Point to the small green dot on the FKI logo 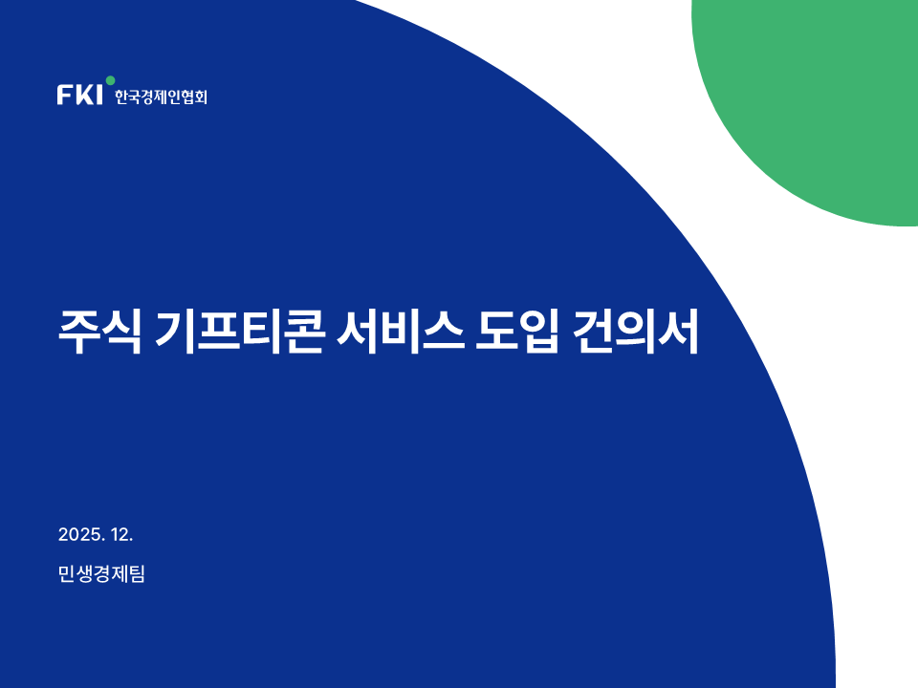[x=110, y=80]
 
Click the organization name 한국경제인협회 [x=161, y=97]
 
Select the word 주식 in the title [x=100, y=333]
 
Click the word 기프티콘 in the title [x=239, y=333]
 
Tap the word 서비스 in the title [x=401, y=333]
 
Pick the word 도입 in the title [x=517, y=333]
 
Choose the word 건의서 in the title [x=636, y=333]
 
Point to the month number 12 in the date [x=120, y=535]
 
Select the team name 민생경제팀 [x=102, y=574]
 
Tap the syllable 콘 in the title [x=303, y=333]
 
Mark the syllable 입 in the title [x=538, y=333]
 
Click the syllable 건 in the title [x=593, y=333]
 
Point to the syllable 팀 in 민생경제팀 [x=137, y=574]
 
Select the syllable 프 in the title [x=218, y=333]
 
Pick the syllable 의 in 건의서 [x=635, y=333]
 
